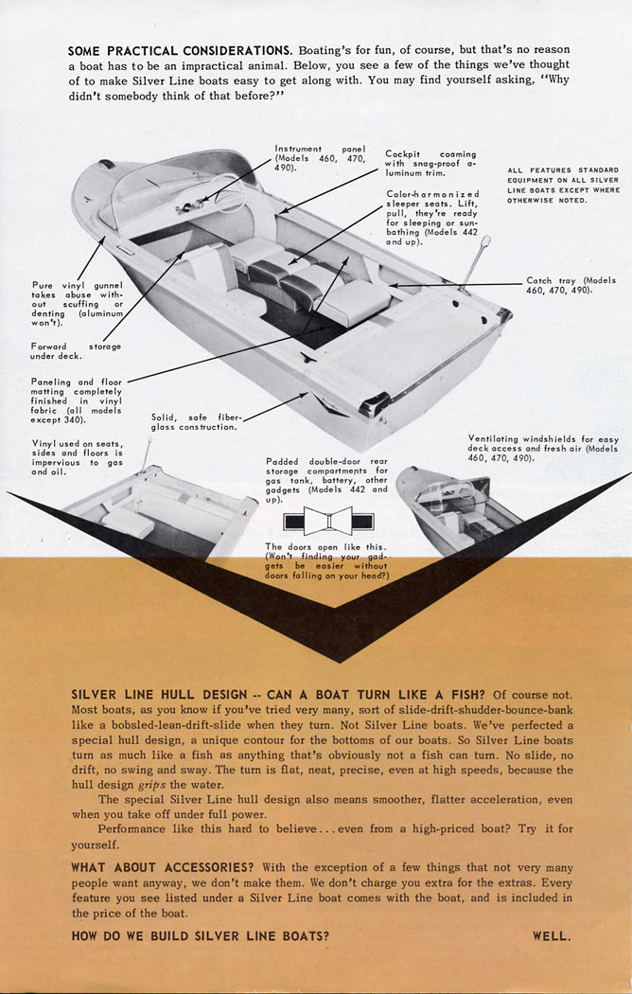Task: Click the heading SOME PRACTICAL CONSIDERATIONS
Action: (x=180, y=49)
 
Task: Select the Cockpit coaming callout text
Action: (x=430, y=163)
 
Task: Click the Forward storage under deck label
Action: (x=76, y=351)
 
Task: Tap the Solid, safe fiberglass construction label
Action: (x=197, y=421)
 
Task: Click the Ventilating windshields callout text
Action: (x=543, y=448)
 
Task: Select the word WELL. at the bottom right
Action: (x=552, y=936)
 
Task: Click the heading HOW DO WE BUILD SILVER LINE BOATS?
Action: (x=201, y=936)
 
